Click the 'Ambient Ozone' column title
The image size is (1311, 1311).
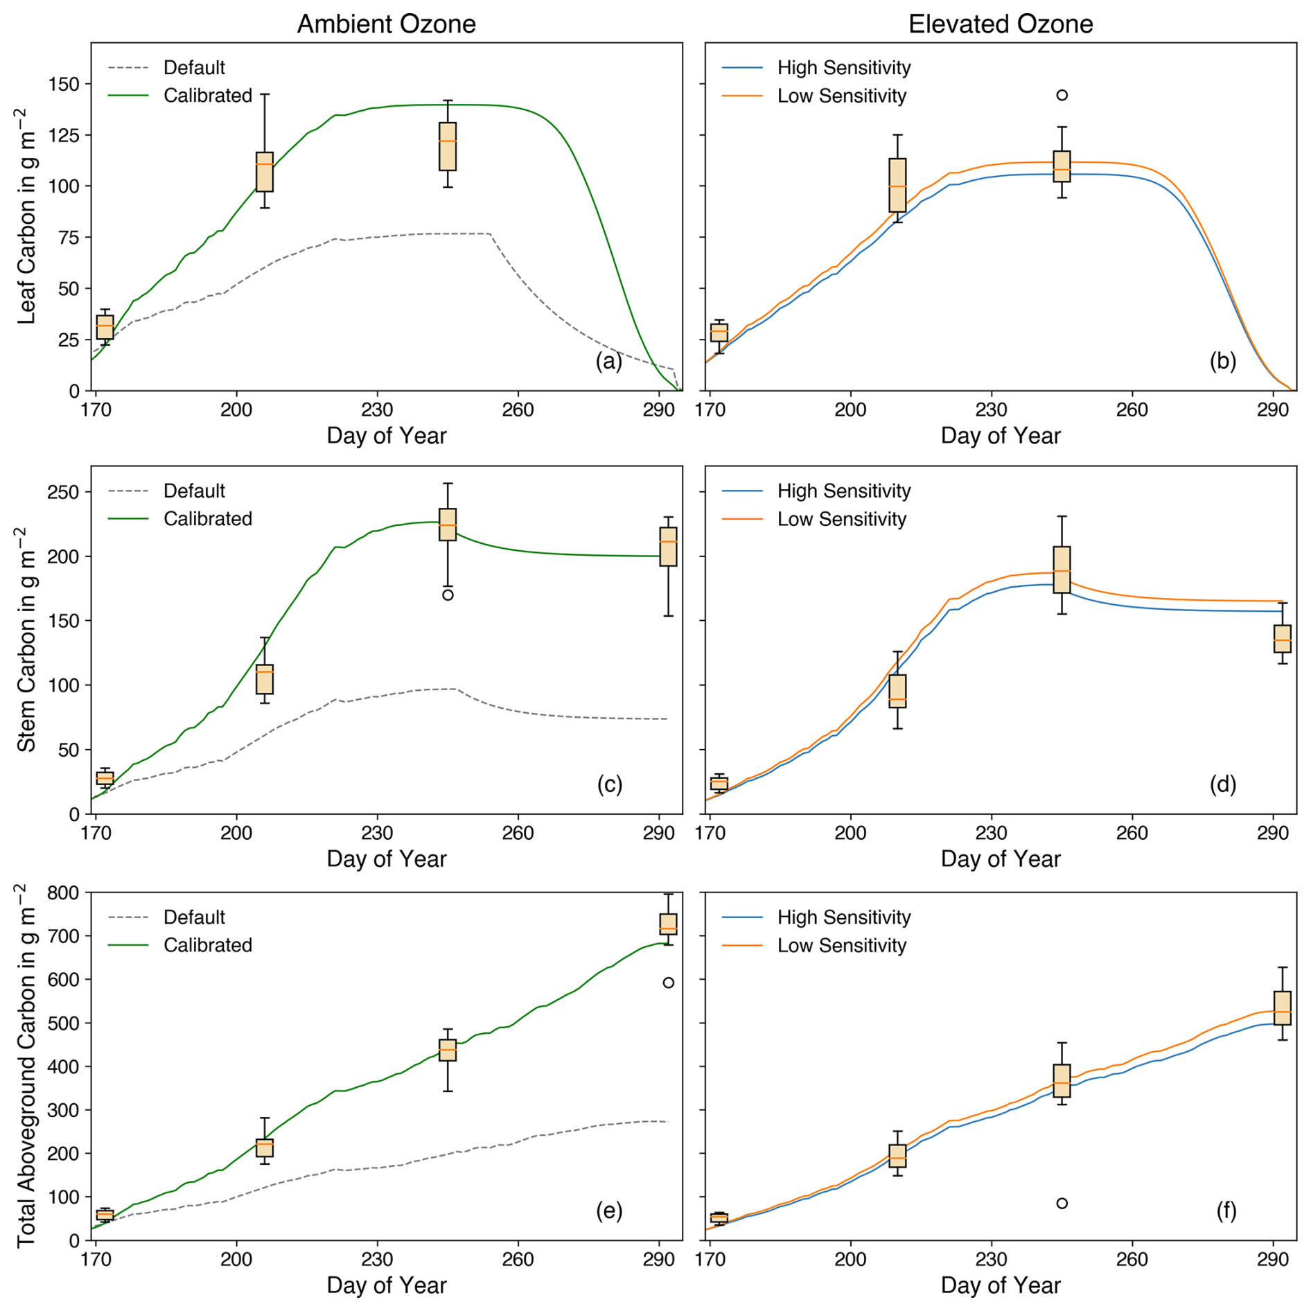(386, 24)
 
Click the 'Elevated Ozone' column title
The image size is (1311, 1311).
(1000, 24)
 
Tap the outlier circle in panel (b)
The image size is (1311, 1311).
(1062, 95)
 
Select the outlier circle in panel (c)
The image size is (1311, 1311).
(448, 595)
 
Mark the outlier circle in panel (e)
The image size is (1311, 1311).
(668, 983)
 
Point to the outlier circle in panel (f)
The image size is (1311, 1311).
(1062, 1203)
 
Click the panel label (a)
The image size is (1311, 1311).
(608, 361)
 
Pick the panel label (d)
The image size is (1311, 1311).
(1222, 784)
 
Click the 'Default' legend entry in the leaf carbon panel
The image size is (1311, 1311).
(194, 68)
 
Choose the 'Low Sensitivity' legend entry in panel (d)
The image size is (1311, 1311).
(841, 519)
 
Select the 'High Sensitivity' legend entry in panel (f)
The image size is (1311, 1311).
(843, 917)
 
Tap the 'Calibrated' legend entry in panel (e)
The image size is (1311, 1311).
(207, 945)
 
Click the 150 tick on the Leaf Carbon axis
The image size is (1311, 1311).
(64, 84)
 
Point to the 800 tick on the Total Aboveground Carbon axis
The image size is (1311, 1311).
(64, 892)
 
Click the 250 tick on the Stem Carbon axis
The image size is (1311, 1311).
(64, 492)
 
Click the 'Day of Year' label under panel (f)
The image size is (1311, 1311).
(1000, 1285)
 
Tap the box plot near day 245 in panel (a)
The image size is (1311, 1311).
(448, 146)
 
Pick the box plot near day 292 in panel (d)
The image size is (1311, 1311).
(1283, 638)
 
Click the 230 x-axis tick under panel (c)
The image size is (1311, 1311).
(377, 833)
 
